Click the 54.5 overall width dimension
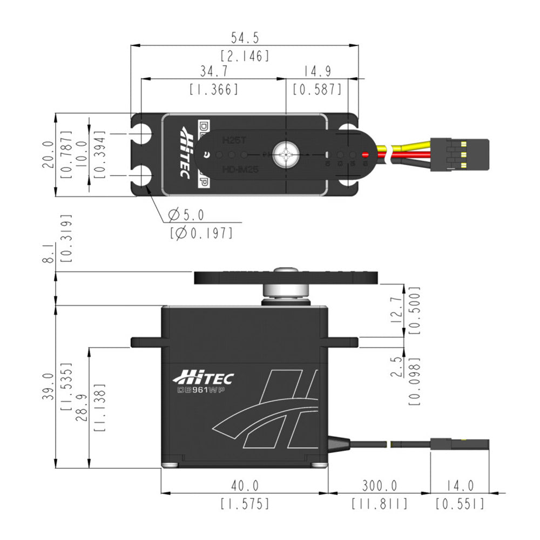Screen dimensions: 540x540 (245, 38)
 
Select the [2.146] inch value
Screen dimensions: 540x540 (245, 55)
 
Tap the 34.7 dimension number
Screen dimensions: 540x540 (213, 71)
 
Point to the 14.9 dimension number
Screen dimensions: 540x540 (317, 71)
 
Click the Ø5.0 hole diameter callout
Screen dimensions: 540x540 (186, 215)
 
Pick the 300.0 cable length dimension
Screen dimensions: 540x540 (379, 486)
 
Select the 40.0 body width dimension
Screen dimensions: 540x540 (245, 486)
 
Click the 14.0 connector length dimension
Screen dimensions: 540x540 (460, 486)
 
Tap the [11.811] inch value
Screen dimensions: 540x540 (379, 504)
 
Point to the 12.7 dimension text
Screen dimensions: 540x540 (396, 309)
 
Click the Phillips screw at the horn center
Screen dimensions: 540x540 (285, 154)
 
